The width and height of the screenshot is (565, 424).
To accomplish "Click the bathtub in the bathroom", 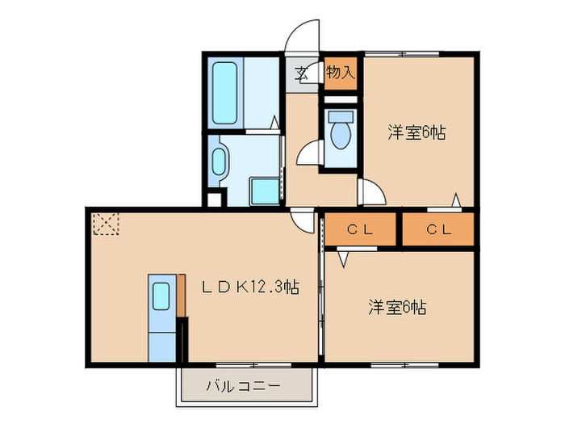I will pos(224,92).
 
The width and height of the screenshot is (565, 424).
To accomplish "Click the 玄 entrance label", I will pos(301,73).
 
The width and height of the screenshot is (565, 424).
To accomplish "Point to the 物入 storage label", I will pos(340,72).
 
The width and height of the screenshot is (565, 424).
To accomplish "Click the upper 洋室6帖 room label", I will pos(416,132).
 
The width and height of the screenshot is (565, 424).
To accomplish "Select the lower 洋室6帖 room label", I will pos(398,307).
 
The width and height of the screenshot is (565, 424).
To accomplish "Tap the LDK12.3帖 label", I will pos(250,287).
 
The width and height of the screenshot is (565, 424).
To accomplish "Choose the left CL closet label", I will pos(360,229).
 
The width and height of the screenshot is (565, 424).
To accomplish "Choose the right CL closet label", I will pos(438,229).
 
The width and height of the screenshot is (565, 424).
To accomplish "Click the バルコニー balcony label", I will pos(243,386).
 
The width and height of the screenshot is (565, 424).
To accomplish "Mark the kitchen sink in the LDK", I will pos(161,296).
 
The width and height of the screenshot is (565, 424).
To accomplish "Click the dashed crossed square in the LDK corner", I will pos(106,224).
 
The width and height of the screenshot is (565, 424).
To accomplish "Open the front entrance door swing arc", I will pos(303,36).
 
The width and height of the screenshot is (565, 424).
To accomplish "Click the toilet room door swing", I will pos(308,153).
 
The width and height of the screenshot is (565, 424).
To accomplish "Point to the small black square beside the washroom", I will pos(212,199).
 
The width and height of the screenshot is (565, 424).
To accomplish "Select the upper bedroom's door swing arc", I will pos(371,193).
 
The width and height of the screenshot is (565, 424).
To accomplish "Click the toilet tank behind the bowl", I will pos(340,115).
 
